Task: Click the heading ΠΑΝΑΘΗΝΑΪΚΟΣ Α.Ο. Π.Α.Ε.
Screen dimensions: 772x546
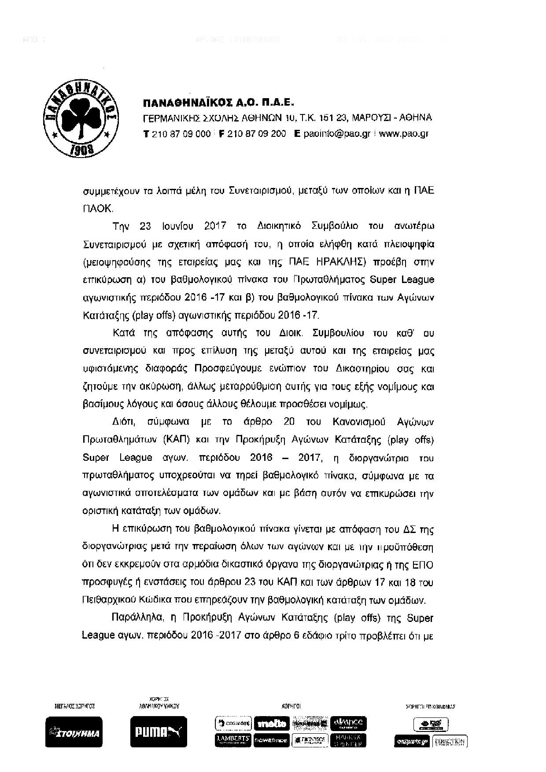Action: pos(218,103)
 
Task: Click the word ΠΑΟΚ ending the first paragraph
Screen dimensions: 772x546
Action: pos(97,209)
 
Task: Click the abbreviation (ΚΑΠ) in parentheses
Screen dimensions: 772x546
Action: pos(178,440)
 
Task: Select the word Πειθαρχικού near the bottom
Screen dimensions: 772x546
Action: pos(108,600)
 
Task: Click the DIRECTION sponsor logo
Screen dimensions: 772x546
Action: pos(450,741)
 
